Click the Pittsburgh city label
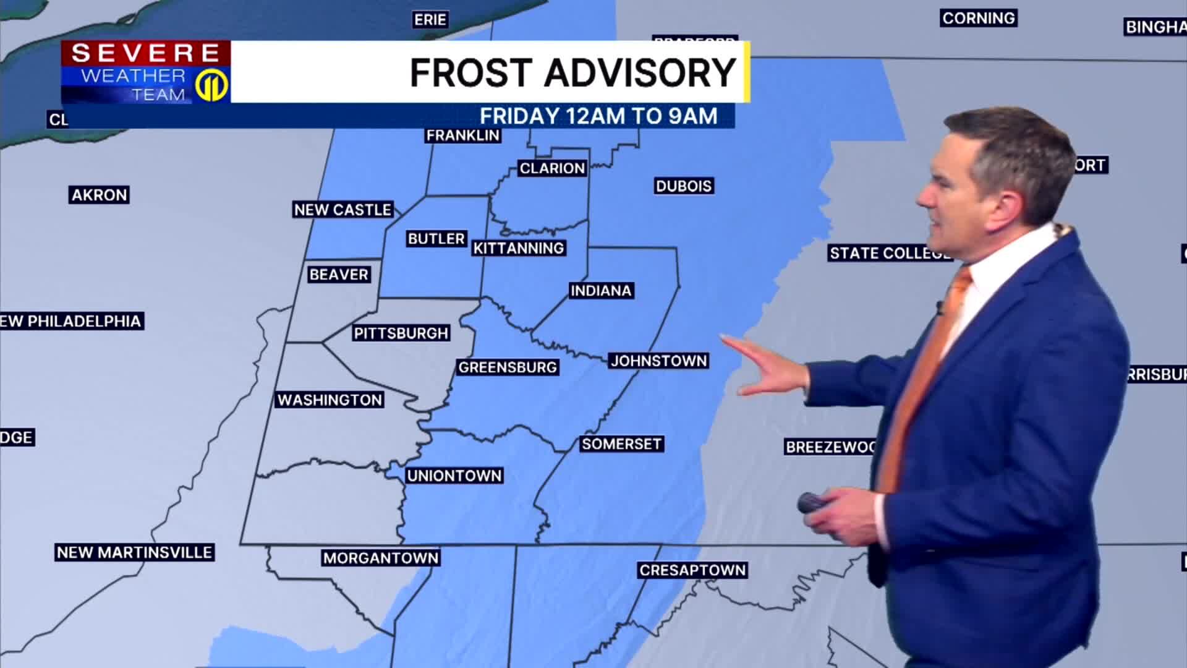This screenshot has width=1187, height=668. [401, 333]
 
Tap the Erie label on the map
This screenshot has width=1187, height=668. [430, 20]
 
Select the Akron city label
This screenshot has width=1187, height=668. [99, 195]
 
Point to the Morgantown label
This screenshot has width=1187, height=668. [381, 558]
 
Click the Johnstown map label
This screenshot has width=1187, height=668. [658, 361]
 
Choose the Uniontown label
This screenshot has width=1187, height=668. [454, 476]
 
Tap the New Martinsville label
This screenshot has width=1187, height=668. [135, 552]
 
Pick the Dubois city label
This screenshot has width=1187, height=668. [684, 186]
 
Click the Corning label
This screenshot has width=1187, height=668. [979, 18]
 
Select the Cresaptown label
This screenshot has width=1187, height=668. [692, 570]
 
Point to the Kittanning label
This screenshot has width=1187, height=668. [519, 248]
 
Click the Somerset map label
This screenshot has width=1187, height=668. [621, 444]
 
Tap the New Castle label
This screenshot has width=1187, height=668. [342, 210]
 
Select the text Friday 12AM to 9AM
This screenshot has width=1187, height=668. [598, 116]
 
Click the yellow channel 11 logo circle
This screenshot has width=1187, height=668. [212, 85]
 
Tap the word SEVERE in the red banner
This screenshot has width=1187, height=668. [146, 53]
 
